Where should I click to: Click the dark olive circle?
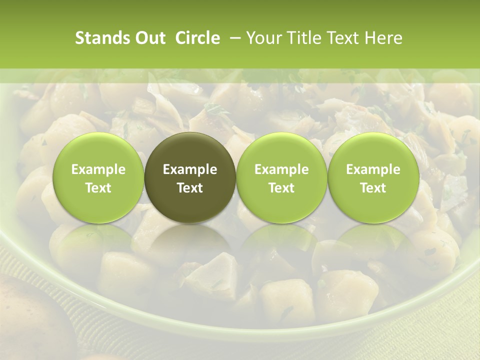[x=190, y=177]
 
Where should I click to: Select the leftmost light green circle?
[x=98, y=177]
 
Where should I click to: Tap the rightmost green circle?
[x=373, y=177]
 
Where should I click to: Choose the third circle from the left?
[x=281, y=177]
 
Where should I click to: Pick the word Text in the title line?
[x=342, y=38]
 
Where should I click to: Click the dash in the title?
[x=233, y=38]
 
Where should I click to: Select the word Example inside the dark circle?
[x=190, y=169]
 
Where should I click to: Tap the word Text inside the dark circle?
[x=190, y=188]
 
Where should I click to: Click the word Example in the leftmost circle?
[x=98, y=169]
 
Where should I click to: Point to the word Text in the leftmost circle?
[x=98, y=188]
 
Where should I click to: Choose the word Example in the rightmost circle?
[x=373, y=169]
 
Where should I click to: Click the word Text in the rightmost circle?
[x=373, y=188]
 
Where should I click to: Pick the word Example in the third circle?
[x=281, y=169]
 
